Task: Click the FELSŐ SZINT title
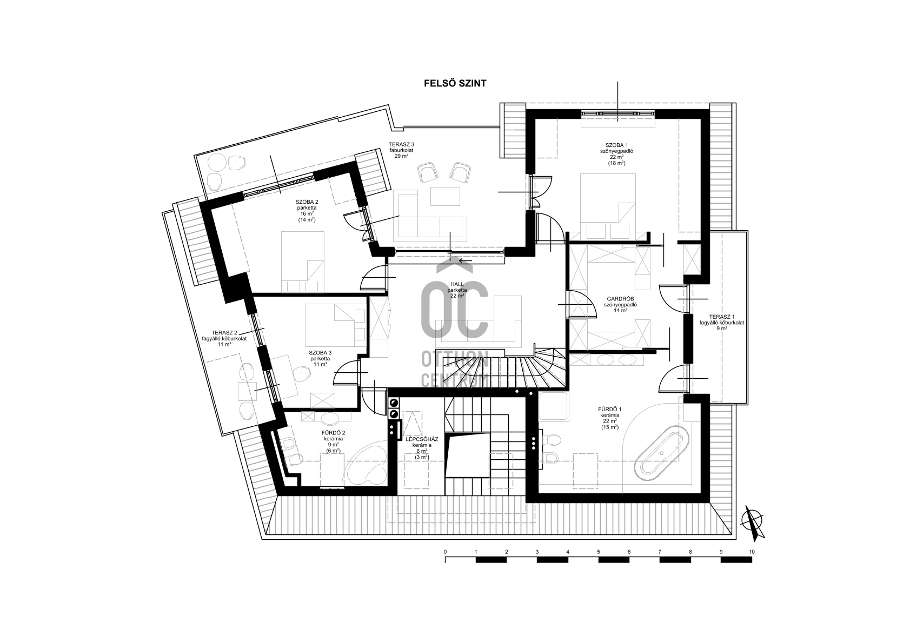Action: click(455, 84)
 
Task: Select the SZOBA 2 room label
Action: click(307, 202)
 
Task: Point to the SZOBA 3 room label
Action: click(320, 353)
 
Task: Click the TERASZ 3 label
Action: click(401, 144)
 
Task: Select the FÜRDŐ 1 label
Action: click(609, 410)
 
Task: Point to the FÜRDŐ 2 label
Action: click(333, 433)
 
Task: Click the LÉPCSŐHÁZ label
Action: click(422, 439)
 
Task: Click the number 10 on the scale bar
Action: click(752, 552)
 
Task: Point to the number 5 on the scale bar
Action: click(599, 552)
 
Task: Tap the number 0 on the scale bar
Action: click(445, 552)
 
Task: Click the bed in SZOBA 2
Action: click(303, 262)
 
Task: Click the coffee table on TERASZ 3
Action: click(446, 196)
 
